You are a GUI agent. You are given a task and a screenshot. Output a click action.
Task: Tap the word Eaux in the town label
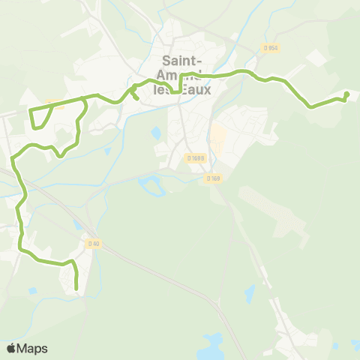click(x=198, y=88)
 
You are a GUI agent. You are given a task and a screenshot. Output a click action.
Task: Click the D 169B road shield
click(x=196, y=158)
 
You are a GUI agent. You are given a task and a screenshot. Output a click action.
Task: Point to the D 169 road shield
click(x=214, y=178)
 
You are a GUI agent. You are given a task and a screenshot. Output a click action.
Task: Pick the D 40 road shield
click(x=93, y=243)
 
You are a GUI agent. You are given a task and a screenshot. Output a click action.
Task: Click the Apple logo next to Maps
click(x=13, y=348)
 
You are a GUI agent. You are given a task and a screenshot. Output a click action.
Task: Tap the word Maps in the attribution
click(x=32, y=348)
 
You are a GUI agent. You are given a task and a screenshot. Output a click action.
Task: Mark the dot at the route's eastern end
click(x=346, y=94)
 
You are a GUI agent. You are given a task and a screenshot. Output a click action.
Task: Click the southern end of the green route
click(x=76, y=286)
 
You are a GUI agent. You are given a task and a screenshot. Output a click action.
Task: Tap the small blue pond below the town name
click(x=156, y=133)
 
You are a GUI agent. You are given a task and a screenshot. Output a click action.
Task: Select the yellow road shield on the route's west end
click(x=54, y=104)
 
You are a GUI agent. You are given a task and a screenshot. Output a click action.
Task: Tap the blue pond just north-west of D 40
click(x=78, y=224)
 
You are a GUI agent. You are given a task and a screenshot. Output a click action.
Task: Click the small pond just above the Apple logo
click(x=32, y=291)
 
